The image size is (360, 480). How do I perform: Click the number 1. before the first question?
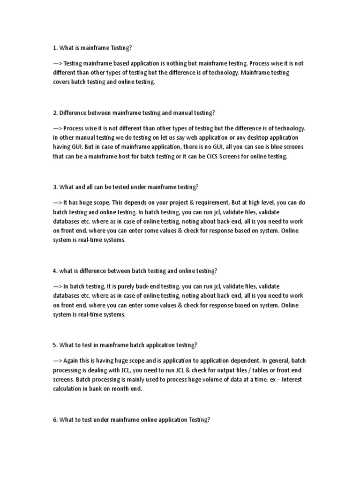pos(55,48)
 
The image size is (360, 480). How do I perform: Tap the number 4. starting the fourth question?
pos(55,271)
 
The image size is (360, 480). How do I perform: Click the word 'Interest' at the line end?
pos(291,379)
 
